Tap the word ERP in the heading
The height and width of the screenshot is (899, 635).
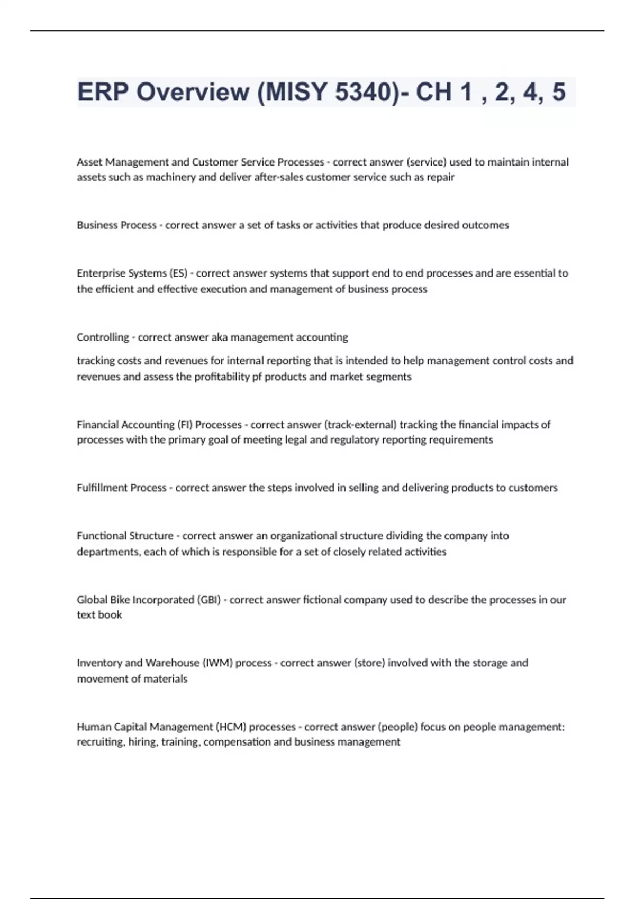[x=103, y=92]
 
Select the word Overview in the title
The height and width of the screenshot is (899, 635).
[x=193, y=92]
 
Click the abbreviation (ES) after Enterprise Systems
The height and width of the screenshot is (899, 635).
[x=178, y=273]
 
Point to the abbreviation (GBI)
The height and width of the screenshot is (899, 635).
[x=208, y=600]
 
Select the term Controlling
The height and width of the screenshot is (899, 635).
[x=103, y=337]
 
